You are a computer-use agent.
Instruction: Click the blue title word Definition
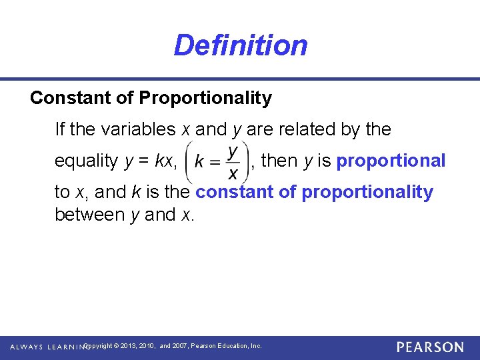[240, 45]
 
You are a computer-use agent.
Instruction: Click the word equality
[86, 161]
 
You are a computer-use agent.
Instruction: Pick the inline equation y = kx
[151, 161]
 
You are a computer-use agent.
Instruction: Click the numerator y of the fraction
[233, 151]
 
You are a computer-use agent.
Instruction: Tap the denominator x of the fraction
[233, 173]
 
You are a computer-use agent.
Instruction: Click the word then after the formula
[279, 161]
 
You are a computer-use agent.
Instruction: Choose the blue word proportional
[391, 161]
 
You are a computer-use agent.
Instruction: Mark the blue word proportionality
[367, 193]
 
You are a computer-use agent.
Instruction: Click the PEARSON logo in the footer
[430, 347]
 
